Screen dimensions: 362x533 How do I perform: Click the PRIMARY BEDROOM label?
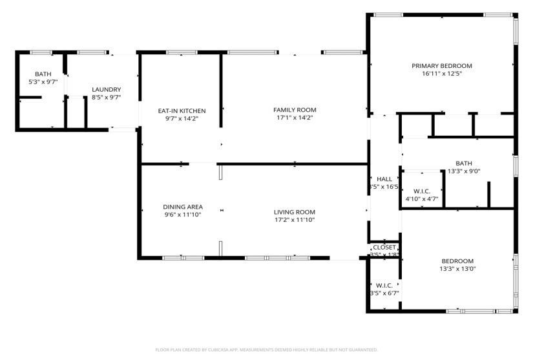pyautogui.click(x=442, y=65)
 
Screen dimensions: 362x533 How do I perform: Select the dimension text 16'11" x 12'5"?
pyautogui.click(x=442, y=74)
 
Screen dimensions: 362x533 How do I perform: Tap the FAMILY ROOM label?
pyautogui.click(x=295, y=110)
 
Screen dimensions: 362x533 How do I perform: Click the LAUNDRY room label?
pyautogui.click(x=106, y=89)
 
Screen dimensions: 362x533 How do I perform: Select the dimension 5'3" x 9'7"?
pyautogui.click(x=43, y=82)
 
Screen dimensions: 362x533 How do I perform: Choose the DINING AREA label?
pyautogui.click(x=182, y=207)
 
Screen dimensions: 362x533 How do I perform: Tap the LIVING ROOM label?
pyautogui.click(x=294, y=212)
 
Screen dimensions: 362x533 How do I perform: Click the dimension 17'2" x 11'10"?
pyautogui.click(x=294, y=220)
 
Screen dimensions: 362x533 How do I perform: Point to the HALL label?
pyautogui.click(x=384, y=179)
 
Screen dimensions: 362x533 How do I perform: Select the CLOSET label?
pyautogui.click(x=384, y=248)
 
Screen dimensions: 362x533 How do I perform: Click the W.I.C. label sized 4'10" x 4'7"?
pyautogui.click(x=421, y=191)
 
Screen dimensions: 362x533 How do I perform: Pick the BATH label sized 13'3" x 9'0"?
pyautogui.click(x=463, y=164)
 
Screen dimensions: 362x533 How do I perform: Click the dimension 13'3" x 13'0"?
pyautogui.click(x=457, y=269)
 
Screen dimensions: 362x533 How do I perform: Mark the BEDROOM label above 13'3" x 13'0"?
pyautogui.click(x=457, y=261)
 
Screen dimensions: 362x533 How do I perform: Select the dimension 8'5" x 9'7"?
pyautogui.click(x=106, y=97)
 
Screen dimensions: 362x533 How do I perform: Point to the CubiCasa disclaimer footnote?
pyautogui.click(x=266, y=350)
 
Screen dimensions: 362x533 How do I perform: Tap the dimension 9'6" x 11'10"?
pyautogui.click(x=182, y=215)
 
